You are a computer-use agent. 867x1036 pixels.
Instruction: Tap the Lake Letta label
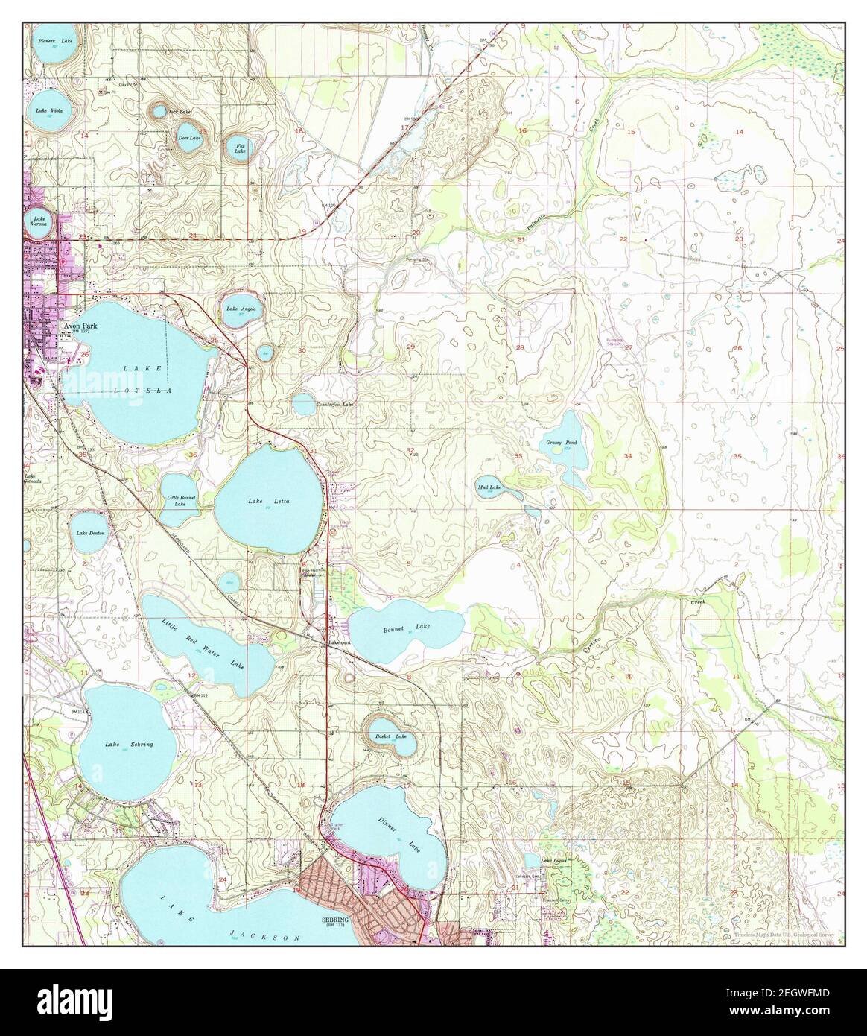coord(268,501)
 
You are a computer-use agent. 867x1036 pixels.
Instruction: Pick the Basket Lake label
coord(391,736)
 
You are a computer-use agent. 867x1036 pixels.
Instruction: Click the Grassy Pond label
coord(561,443)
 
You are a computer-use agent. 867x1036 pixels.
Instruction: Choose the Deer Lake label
coord(189,138)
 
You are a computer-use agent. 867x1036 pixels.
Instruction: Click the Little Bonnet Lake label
coord(180,500)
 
